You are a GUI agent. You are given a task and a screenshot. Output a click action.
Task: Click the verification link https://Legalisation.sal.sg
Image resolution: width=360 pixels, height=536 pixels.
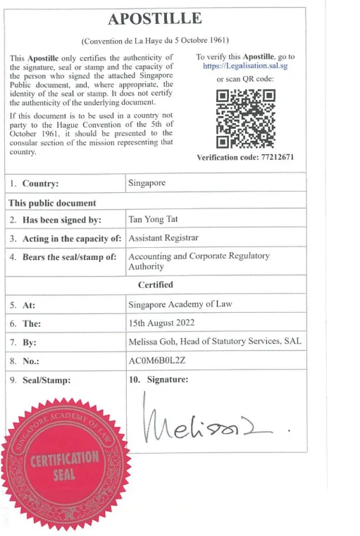coord(245,67)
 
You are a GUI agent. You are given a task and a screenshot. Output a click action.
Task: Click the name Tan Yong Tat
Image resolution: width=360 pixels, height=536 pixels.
coord(153,219)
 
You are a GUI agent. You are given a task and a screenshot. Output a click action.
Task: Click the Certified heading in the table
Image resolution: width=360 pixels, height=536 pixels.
coord(156,285)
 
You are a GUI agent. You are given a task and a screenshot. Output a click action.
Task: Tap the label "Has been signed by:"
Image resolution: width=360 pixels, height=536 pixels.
coord(62,220)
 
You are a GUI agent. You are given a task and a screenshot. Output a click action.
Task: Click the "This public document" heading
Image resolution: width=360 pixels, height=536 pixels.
coord(51,203)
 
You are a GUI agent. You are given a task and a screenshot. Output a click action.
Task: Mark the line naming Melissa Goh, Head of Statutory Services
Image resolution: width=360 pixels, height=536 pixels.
coord(214,342)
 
